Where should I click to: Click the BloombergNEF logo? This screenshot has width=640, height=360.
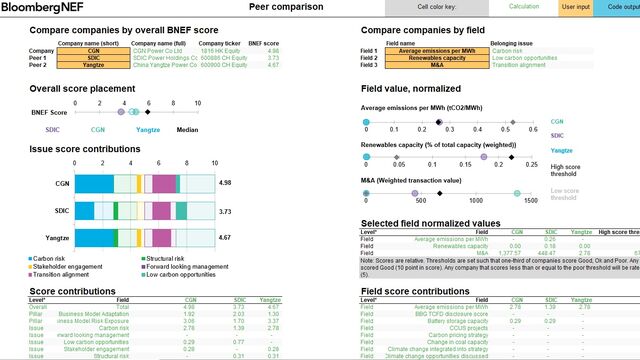pos(39,7)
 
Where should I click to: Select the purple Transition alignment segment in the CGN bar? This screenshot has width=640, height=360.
pos(163,183)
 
